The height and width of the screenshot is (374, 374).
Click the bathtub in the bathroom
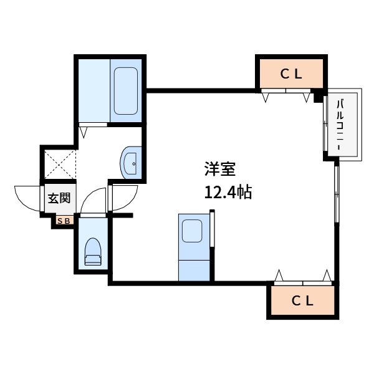pyautogui.click(x=126, y=91)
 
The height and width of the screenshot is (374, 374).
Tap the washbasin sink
pyautogui.click(x=131, y=163)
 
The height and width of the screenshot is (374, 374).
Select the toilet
pyautogui.click(x=93, y=251)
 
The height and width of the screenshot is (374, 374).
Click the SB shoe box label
pyautogui.click(x=64, y=221)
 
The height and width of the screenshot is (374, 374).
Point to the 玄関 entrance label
pyautogui.click(x=59, y=198)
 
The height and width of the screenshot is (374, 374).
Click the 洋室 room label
pyautogui.click(x=220, y=169)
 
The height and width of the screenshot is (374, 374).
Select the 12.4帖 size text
pyautogui.click(x=228, y=192)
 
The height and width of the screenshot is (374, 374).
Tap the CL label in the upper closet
pyautogui.click(x=291, y=74)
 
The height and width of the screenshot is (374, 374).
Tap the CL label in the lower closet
pyautogui.click(x=302, y=301)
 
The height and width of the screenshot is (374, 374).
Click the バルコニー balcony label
pyautogui.click(x=340, y=125)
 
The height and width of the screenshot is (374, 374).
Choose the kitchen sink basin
pyautogui.click(x=192, y=231)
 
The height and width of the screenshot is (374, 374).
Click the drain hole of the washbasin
pyautogui.click(x=134, y=164)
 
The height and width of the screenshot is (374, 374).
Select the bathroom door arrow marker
pyautogui.click(x=83, y=133)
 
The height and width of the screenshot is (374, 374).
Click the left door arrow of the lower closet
pyautogui.click(x=279, y=276)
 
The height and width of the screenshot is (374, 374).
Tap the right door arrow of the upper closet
pyautogui.click(x=307, y=98)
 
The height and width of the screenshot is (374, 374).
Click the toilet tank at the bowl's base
pyautogui.click(x=93, y=259)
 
